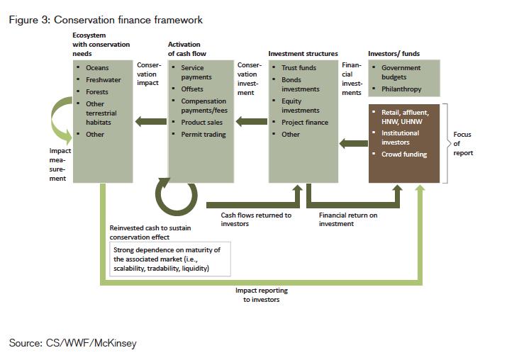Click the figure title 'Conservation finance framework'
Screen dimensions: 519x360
pyautogui.click(x=128, y=20)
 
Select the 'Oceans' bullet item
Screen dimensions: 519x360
pyautogui.click(x=97, y=68)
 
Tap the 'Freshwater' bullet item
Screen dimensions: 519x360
pyautogui.click(x=104, y=80)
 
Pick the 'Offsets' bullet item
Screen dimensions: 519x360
pyautogui.click(x=192, y=89)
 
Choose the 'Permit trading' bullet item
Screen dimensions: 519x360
pyautogui.click(x=203, y=135)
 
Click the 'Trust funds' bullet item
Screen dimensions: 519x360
pyautogui.click(x=299, y=68)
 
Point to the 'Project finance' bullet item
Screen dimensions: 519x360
pyautogui.click(x=305, y=123)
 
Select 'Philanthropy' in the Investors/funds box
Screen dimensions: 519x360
pyautogui.click(x=401, y=89)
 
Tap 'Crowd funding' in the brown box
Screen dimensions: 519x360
pyautogui.click(x=404, y=154)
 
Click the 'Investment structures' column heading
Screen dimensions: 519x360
pyautogui.click(x=303, y=54)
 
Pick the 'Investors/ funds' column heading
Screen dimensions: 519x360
pyautogui.click(x=394, y=54)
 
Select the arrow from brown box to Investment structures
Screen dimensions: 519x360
pyautogui.click(x=354, y=144)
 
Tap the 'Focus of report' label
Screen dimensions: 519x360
pyautogui.click(x=463, y=144)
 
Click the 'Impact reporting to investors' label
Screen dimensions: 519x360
pyautogui.click(x=262, y=295)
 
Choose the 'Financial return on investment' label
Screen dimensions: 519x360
pyautogui.click(x=348, y=220)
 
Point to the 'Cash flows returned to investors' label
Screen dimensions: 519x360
pyautogui.click(x=256, y=220)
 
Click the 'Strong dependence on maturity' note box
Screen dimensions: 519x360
pyautogui.click(x=170, y=259)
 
